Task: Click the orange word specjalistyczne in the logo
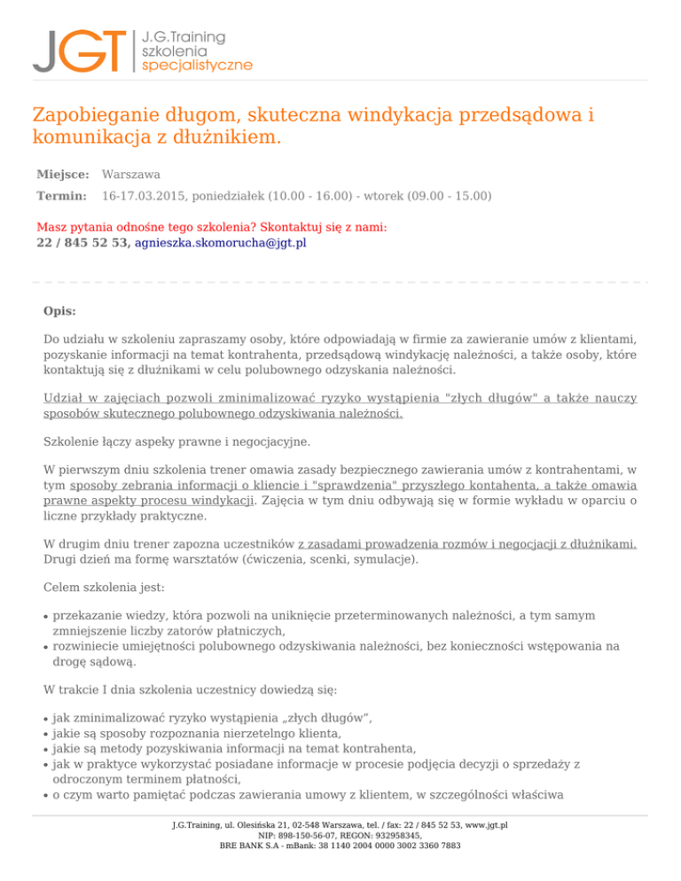coord(197,66)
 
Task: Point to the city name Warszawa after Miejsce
coord(131,175)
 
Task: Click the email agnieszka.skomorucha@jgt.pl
coord(220,242)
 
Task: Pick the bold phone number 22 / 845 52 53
coord(83,242)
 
